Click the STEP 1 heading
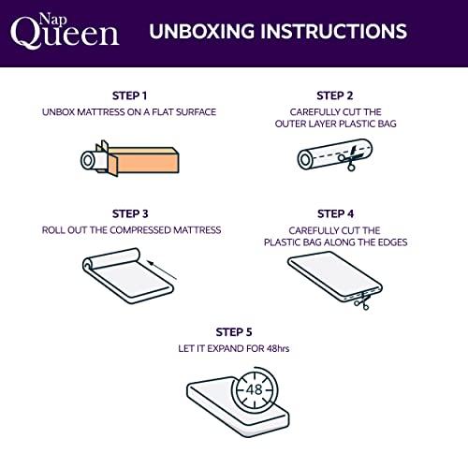(x=129, y=95)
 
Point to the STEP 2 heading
(x=335, y=95)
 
